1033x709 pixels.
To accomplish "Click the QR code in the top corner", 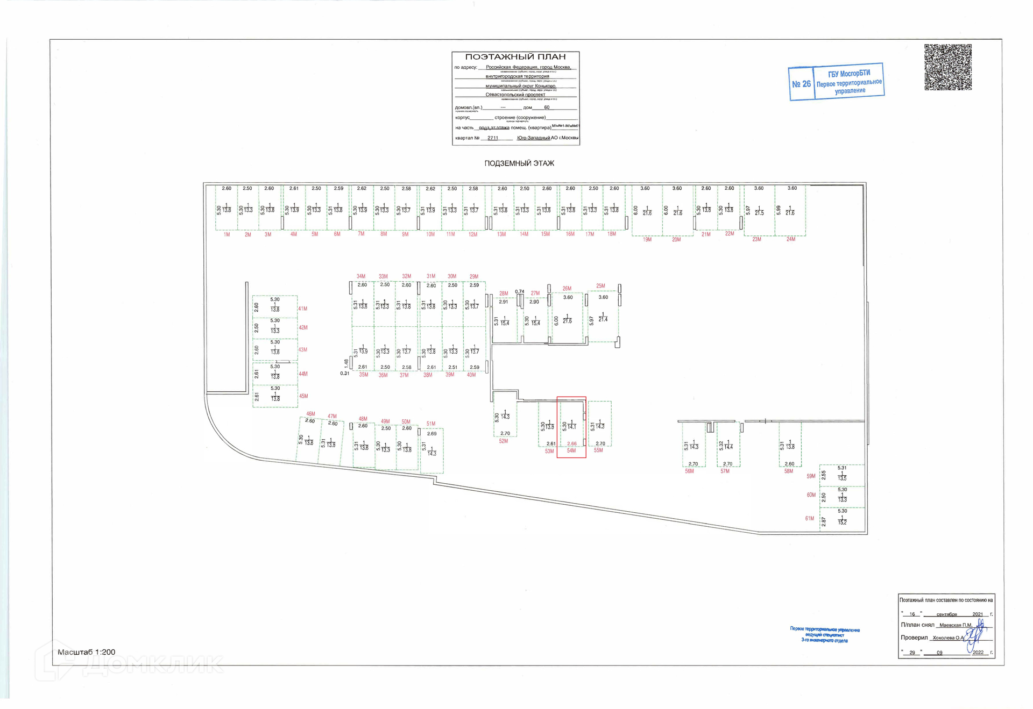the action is pyautogui.click(x=947, y=67).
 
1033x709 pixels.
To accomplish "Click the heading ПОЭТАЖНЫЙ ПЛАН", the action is pyautogui.click(x=515, y=56).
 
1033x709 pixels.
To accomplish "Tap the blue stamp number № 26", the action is pyautogui.click(x=801, y=84).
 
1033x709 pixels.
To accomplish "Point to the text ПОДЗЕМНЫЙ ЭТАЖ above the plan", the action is pyautogui.click(x=519, y=163).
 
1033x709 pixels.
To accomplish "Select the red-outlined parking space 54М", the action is pyautogui.click(x=571, y=427).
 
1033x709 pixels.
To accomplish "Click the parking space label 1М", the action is pyautogui.click(x=227, y=235).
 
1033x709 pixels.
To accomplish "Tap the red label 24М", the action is pyautogui.click(x=790, y=239).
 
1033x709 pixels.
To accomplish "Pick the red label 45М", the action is pyautogui.click(x=303, y=396).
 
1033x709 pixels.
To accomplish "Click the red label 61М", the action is pyautogui.click(x=809, y=519).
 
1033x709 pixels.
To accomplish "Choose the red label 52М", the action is pyautogui.click(x=503, y=441).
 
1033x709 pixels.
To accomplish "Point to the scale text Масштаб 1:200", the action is pyautogui.click(x=86, y=652).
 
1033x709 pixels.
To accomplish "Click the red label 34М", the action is pyautogui.click(x=360, y=276).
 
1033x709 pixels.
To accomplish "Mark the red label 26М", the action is pyautogui.click(x=567, y=289).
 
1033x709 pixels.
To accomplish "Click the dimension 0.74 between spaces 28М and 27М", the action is pyautogui.click(x=519, y=292).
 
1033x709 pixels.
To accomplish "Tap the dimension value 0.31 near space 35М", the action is pyautogui.click(x=344, y=373).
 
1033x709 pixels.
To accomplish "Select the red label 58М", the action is pyautogui.click(x=788, y=471).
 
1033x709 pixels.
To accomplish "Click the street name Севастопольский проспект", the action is pyautogui.click(x=515, y=95).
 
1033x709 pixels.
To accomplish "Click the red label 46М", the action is pyautogui.click(x=310, y=414).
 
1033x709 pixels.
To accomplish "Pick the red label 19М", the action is pyautogui.click(x=647, y=240).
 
